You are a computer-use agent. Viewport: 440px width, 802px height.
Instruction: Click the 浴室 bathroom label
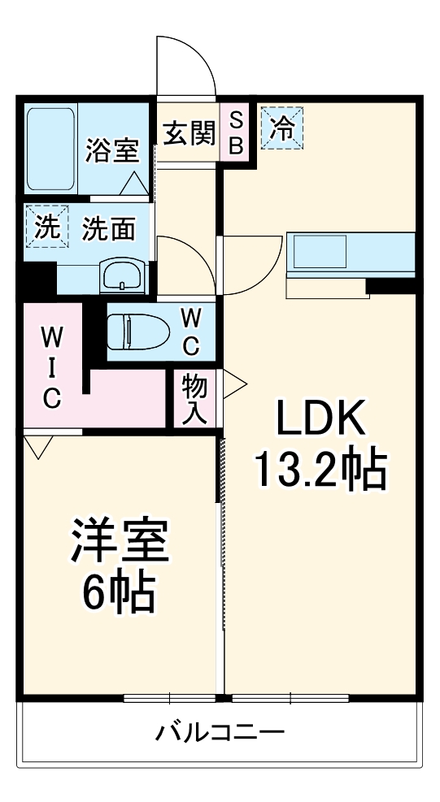pos(112,151)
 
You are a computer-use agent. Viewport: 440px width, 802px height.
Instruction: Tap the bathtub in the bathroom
pos(50,148)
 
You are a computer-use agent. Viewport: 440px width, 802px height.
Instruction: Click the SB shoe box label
pos(235,133)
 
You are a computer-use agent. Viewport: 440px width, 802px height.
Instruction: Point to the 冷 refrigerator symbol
pos(281,129)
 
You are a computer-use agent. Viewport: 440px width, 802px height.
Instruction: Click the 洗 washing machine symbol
pos(44,227)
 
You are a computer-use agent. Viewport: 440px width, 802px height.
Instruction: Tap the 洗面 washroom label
pos(108,229)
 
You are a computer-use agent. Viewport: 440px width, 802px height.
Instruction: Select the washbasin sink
pos(122,276)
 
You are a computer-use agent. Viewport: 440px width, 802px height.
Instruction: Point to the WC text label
pos(190,331)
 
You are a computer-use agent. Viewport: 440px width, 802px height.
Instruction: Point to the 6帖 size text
pos(120,596)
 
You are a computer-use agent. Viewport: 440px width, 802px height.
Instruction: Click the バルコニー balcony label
pos(220,734)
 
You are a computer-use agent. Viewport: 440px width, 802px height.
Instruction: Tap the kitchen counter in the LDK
pos(351,254)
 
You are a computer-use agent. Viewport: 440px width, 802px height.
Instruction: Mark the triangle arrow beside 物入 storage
pos(234,384)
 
